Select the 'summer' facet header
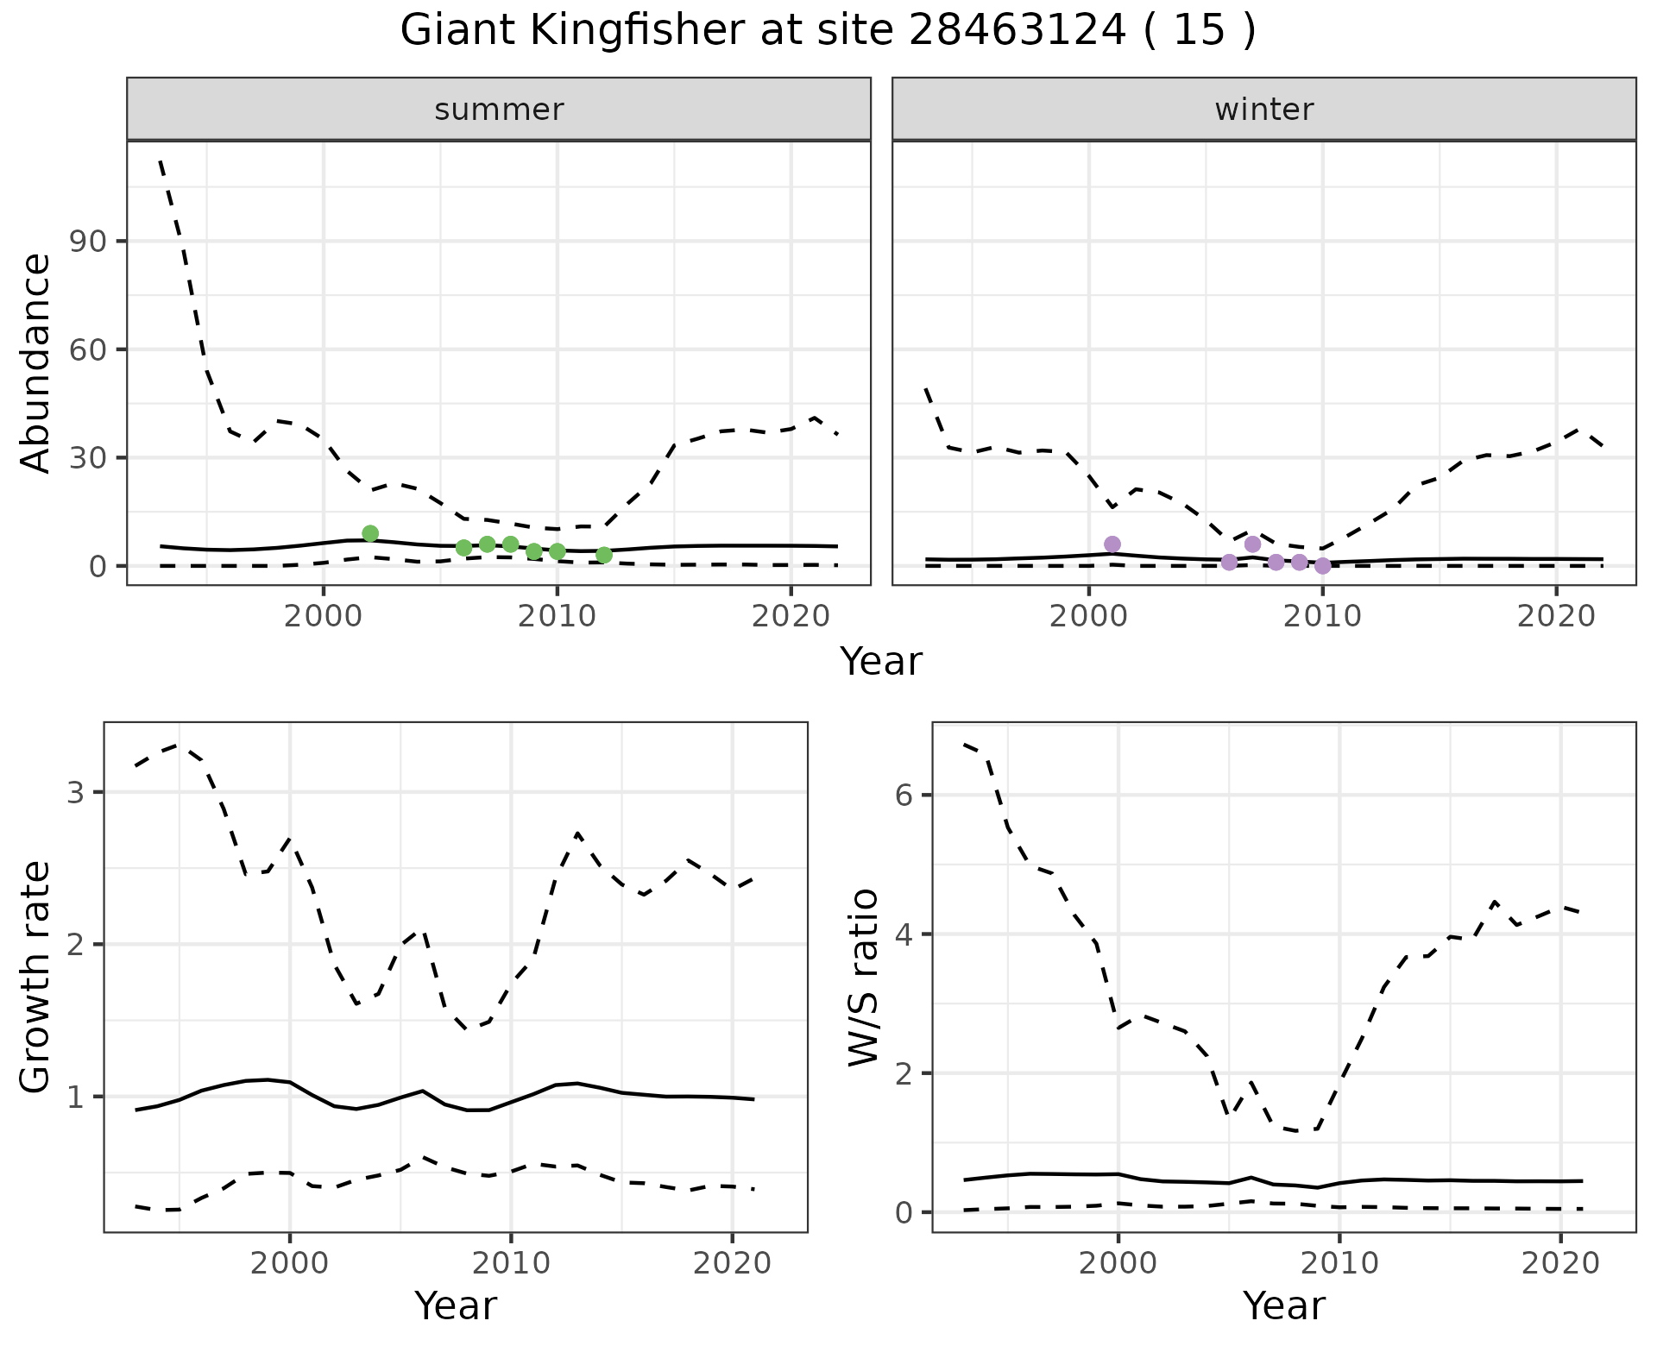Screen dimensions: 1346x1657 (x=499, y=110)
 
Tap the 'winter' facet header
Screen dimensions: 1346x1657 (x=1263, y=110)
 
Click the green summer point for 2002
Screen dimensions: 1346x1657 (x=370, y=533)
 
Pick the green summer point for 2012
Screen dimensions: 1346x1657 (x=604, y=555)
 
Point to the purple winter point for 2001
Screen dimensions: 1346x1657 (x=1112, y=544)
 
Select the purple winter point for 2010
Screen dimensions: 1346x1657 (x=1322, y=566)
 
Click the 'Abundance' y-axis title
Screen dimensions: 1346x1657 (x=36, y=362)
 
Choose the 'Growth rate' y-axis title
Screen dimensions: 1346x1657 (x=36, y=977)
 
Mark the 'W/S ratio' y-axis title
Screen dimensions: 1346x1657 (x=863, y=977)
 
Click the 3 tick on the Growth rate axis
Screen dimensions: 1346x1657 (x=75, y=792)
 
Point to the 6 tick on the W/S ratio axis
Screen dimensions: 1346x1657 (x=904, y=795)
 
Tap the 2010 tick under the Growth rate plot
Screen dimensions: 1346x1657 (x=511, y=1264)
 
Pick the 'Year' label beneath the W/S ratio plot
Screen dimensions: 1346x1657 (x=1283, y=1306)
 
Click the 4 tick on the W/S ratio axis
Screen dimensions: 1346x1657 (x=904, y=934)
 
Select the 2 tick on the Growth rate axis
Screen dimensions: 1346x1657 (x=75, y=945)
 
